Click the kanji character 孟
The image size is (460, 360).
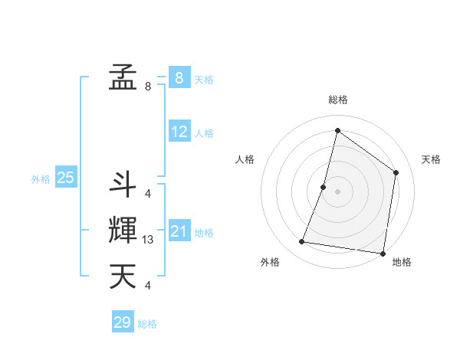tap(123, 77)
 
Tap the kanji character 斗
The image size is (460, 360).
tap(123, 182)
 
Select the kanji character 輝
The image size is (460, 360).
tap(123, 230)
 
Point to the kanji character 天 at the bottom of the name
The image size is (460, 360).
tap(123, 276)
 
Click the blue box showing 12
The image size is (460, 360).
tap(179, 132)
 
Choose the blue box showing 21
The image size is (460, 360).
tap(179, 231)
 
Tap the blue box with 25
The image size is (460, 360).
tap(65, 178)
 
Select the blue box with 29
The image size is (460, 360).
tap(123, 322)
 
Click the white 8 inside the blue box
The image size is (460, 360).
tap(179, 77)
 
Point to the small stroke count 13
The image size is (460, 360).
tap(148, 240)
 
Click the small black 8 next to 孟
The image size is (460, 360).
tap(148, 87)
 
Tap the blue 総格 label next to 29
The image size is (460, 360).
tap(147, 324)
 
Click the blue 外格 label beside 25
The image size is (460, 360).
tap(41, 179)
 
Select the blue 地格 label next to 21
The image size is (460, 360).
tap(204, 233)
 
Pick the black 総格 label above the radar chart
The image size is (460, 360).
tap(338, 100)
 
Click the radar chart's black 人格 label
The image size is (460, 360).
tap(245, 159)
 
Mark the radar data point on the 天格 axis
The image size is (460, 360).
tap(396, 172)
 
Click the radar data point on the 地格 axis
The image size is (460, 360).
tap(383, 253)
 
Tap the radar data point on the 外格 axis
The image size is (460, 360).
tap(302, 242)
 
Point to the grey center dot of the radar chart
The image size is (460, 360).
tap(337, 191)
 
